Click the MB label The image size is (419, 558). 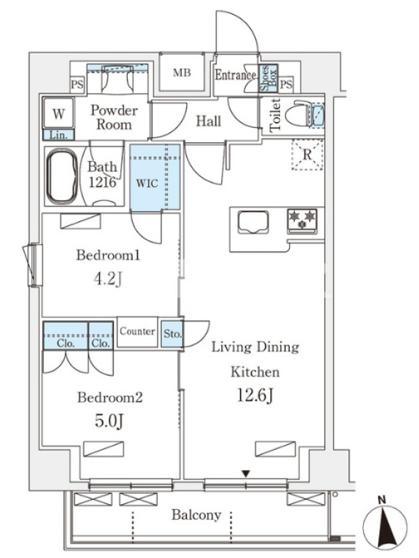pos(182,73)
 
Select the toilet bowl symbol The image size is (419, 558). pos(298,114)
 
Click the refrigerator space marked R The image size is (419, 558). pos(307,155)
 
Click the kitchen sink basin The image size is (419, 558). pos(253,222)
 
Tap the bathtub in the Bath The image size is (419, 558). pos(62,176)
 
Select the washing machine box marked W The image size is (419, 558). pos(59,113)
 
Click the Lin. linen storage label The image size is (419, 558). pos(59,135)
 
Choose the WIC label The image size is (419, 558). pos(147,183)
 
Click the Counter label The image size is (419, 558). pos(137,331)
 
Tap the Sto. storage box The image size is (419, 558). pos(172,334)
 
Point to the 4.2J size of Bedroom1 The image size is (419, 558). pos(108,279)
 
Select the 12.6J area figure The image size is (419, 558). pos(255,395)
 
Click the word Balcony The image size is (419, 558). pos(196,515)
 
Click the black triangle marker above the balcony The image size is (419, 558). pos(246,474)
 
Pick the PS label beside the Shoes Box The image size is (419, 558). pos(286,84)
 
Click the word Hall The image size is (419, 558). pos(208,121)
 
